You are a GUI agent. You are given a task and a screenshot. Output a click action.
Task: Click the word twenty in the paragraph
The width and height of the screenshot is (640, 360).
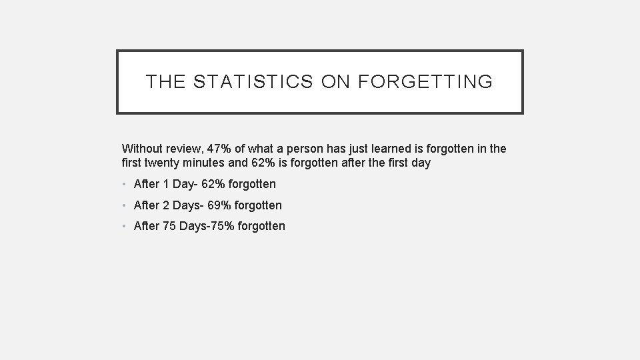tap(164, 162)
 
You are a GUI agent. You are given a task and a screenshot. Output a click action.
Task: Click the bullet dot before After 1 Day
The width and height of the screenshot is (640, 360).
tap(126, 185)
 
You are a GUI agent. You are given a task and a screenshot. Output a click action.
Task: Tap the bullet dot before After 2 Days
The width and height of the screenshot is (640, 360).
tap(126, 206)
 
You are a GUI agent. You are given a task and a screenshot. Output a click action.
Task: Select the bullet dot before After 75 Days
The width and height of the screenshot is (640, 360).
tap(126, 227)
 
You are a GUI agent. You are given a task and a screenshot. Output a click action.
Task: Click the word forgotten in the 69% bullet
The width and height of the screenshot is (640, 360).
tap(259, 205)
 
